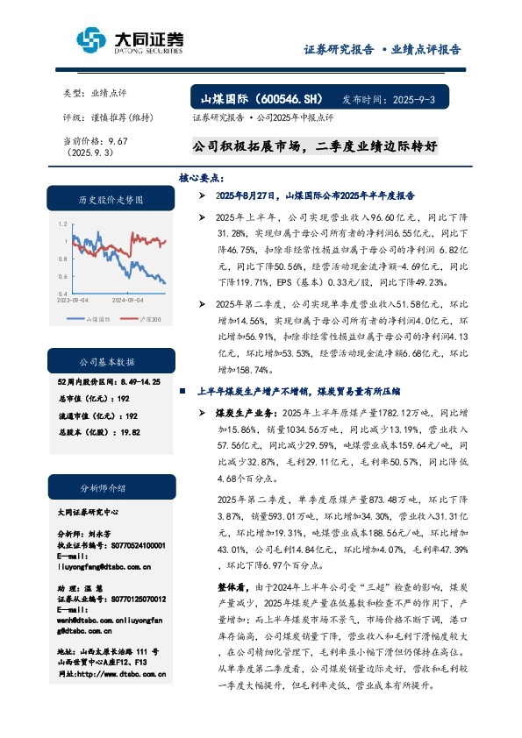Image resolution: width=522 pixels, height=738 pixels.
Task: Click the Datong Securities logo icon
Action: tap(90, 40)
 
